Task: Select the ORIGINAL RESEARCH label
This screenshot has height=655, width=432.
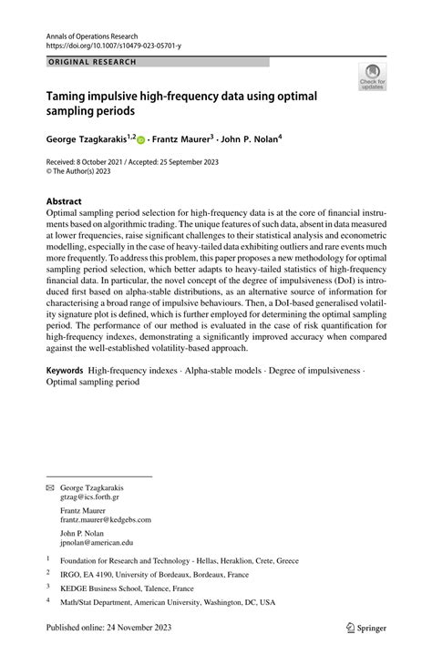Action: [91, 62]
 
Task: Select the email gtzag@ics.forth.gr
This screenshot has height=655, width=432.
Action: [89, 497]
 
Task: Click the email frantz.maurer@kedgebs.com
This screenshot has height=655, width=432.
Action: [105, 519]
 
